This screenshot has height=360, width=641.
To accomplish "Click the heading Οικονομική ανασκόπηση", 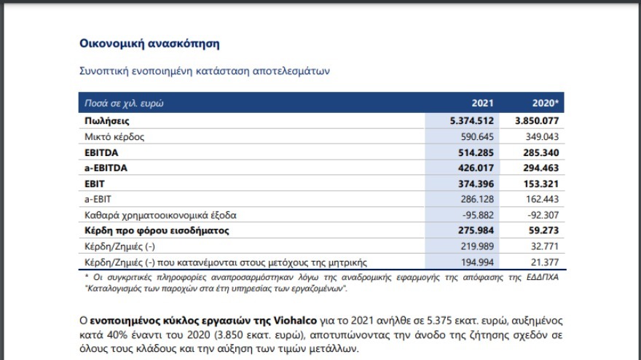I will click(x=149, y=44).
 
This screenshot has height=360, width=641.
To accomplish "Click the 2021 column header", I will click(x=484, y=103).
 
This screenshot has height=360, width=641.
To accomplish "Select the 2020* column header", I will click(x=545, y=103).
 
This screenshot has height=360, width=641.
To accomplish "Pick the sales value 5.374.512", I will click(x=473, y=121).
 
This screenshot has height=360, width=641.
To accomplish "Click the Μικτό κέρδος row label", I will click(x=115, y=137).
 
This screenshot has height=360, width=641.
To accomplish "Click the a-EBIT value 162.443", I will click(x=540, y=200).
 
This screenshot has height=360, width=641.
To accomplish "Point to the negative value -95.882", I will click(x=478, y=216).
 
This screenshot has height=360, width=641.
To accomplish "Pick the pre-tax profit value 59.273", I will click(x=543, y=231).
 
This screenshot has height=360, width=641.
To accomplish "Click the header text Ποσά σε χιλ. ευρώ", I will click(x=125, y=103).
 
